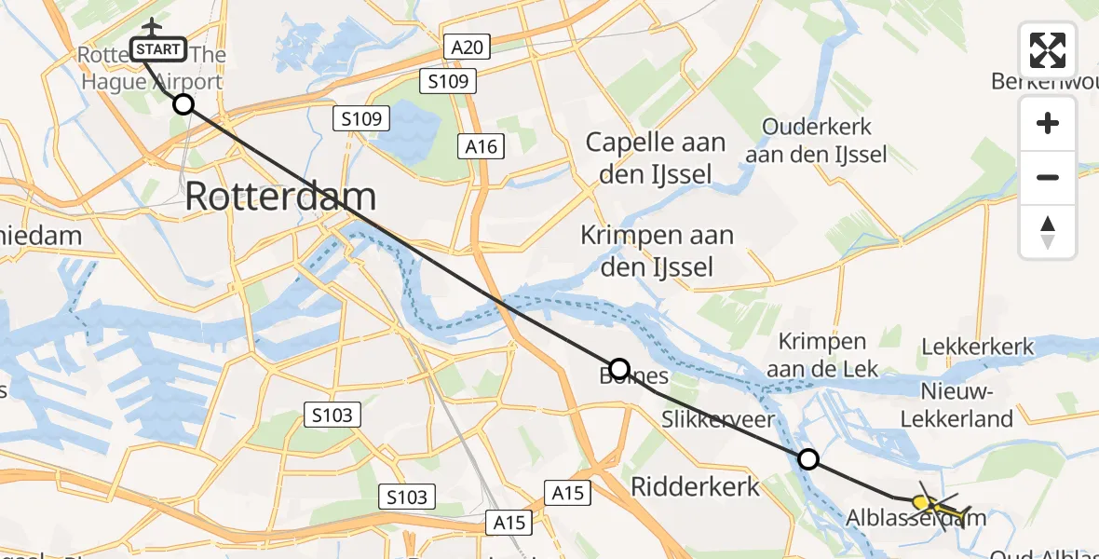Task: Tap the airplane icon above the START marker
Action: (150, 26)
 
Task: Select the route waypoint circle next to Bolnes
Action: (618, 368)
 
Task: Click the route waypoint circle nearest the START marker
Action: (183, 103)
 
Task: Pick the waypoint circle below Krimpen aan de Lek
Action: (808, 458)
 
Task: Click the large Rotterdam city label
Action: (280, 197)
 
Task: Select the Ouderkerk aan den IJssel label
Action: (816, 141)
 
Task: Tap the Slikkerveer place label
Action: (718, 420)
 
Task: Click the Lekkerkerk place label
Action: (977, 348)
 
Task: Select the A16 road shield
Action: (481, 145)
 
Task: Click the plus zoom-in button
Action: (1048, 123)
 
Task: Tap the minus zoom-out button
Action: (1048, 177)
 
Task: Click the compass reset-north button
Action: (1048, 231)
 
